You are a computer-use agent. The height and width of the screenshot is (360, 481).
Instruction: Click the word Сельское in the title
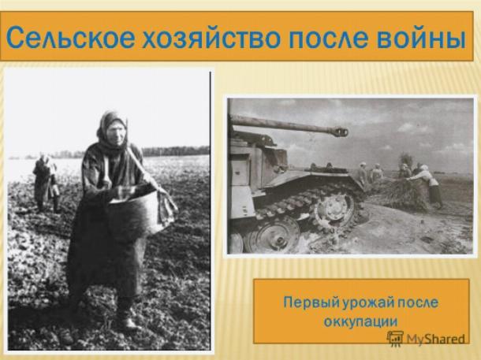70,37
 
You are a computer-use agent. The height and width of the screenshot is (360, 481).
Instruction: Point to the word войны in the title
421,37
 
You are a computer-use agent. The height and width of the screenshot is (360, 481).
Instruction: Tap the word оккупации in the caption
361,321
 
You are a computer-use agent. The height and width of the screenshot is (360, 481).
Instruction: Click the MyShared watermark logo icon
395,339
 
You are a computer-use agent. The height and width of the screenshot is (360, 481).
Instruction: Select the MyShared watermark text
436,339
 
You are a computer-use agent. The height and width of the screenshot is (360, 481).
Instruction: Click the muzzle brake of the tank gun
340,132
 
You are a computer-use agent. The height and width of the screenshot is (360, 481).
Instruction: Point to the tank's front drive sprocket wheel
334,207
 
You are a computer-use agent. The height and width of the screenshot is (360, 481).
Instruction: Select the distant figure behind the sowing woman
46,183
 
